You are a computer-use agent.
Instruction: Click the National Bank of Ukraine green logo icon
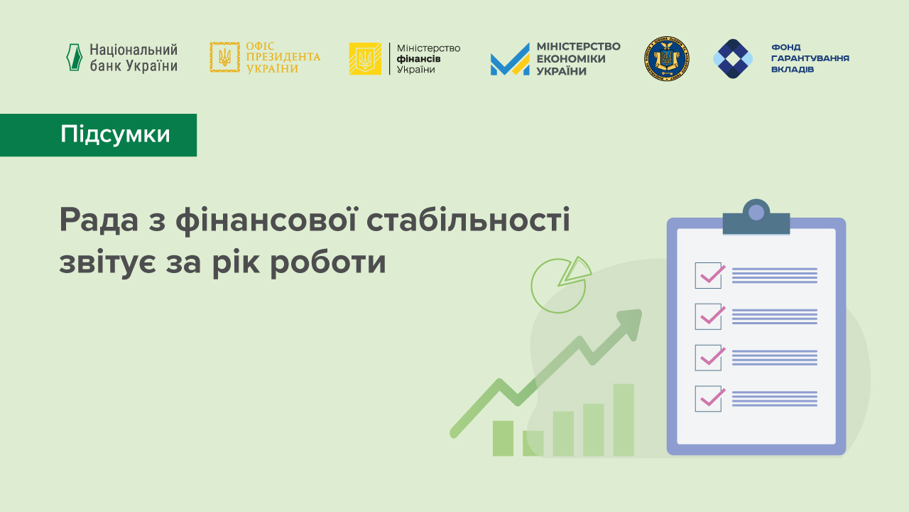click(x=74, y=58)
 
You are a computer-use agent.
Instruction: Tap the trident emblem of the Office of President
click(x=224, y=58)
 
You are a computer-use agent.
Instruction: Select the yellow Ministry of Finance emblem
click(x=365, y=58)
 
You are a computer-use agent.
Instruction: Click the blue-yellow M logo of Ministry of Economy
click(x=510, y=60)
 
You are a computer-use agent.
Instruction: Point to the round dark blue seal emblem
click(x=667, y=58)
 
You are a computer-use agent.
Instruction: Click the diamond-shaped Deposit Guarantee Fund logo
click(x=732, y=58)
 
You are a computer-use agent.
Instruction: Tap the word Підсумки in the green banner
click(x=115, y=134)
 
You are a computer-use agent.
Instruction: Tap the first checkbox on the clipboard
click(x=709, y=275)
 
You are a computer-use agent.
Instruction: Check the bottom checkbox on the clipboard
click(x=709, y=399)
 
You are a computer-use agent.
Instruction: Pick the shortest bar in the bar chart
click(x=533, y=443)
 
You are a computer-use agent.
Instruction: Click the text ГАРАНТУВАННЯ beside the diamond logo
click(x=810, y=58)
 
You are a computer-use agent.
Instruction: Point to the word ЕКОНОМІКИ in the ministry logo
click(x=571, y=58)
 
